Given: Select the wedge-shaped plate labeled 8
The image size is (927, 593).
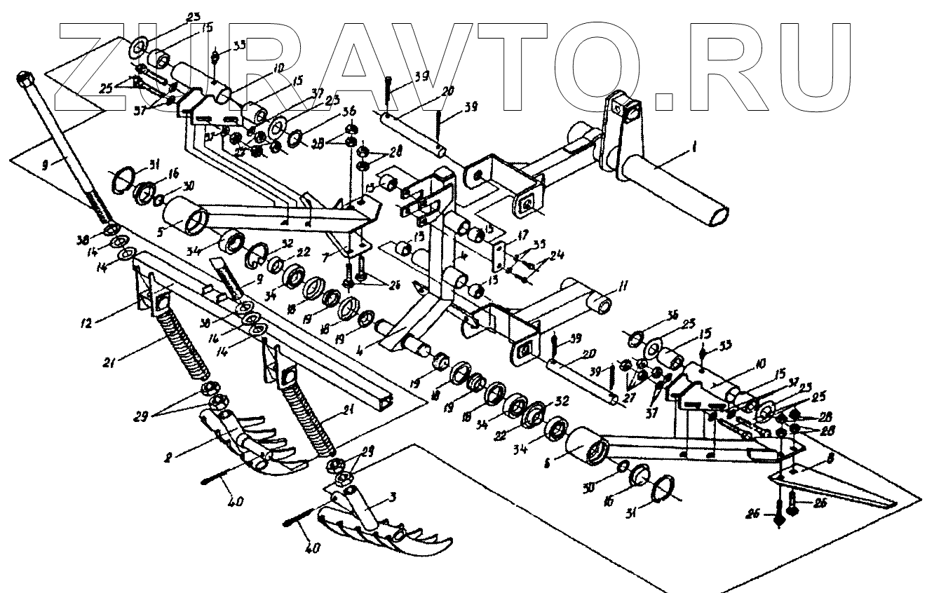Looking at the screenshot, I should pyautogui.click(x=834, y=487).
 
